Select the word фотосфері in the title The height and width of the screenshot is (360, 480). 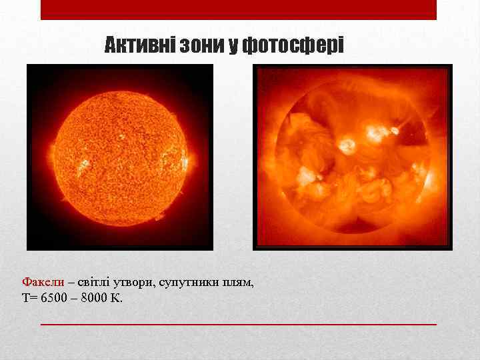point(293,45)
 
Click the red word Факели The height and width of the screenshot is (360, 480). point(43,282)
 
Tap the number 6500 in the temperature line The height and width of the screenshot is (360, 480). point(54,297)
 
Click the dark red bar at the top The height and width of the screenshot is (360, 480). point(239,9)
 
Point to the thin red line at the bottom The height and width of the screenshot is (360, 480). point(239,324)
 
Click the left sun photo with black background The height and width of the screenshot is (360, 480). point(120,157)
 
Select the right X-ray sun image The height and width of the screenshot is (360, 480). point(353,157)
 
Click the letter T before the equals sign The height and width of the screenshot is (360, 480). point(26,297)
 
